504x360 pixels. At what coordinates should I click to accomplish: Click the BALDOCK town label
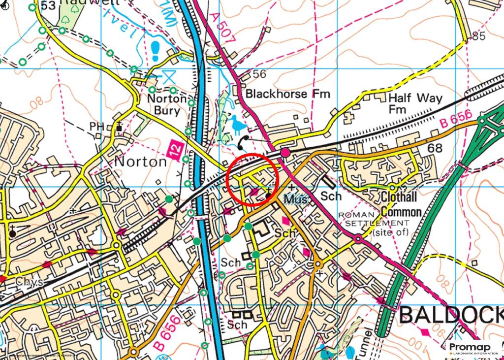(450, 315)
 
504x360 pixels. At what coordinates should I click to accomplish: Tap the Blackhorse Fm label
(287, 94)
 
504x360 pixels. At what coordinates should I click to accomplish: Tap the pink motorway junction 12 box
(176, 148)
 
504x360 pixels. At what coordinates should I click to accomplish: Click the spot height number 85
(478, 36)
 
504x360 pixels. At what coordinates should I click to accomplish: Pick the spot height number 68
(435, 148)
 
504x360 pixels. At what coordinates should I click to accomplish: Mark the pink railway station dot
(285, 153)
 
